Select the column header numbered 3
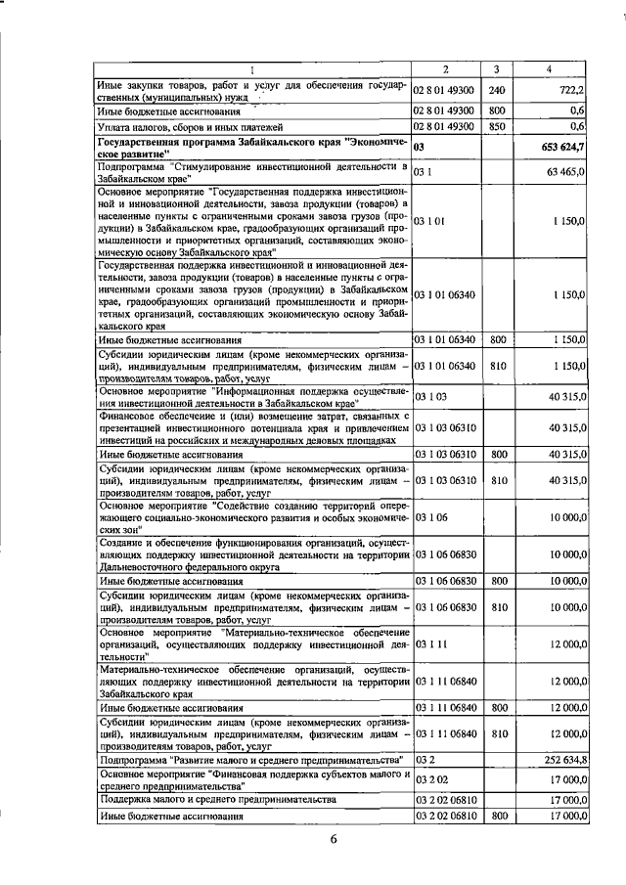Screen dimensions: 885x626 pyautogui.click(x=496, y=69)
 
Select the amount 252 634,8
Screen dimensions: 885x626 pyautogui.click(x=562, y=759)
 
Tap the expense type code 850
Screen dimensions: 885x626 pyautogui.click(x=496, y=126)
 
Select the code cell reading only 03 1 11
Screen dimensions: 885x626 pyautogui.click(x=430, y=645)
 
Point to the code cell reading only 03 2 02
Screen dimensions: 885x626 pyautogui.click(x=430, y=779)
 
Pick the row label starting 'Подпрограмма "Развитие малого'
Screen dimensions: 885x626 pyautogui.click(x=251, y=759)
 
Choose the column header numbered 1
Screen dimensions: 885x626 pyautogui.click(x=253, y=69)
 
